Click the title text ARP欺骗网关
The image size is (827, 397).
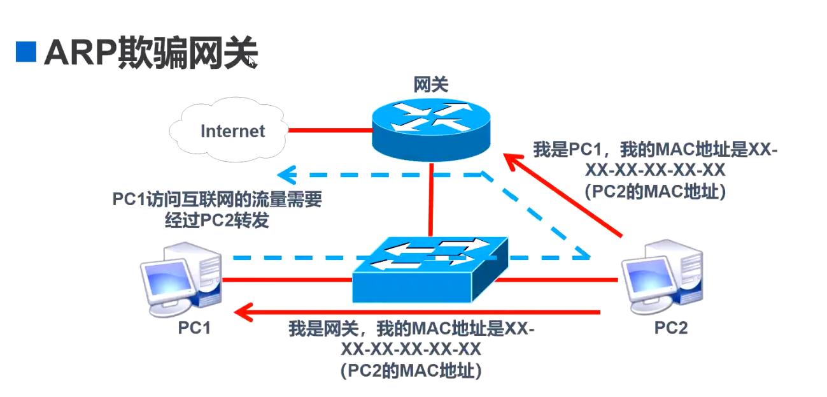(x=150, y=52)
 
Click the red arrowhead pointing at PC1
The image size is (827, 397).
(x=242, y=312)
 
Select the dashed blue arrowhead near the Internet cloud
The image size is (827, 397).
(x=286, y=174)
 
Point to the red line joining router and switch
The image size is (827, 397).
(x=432, y=198)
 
